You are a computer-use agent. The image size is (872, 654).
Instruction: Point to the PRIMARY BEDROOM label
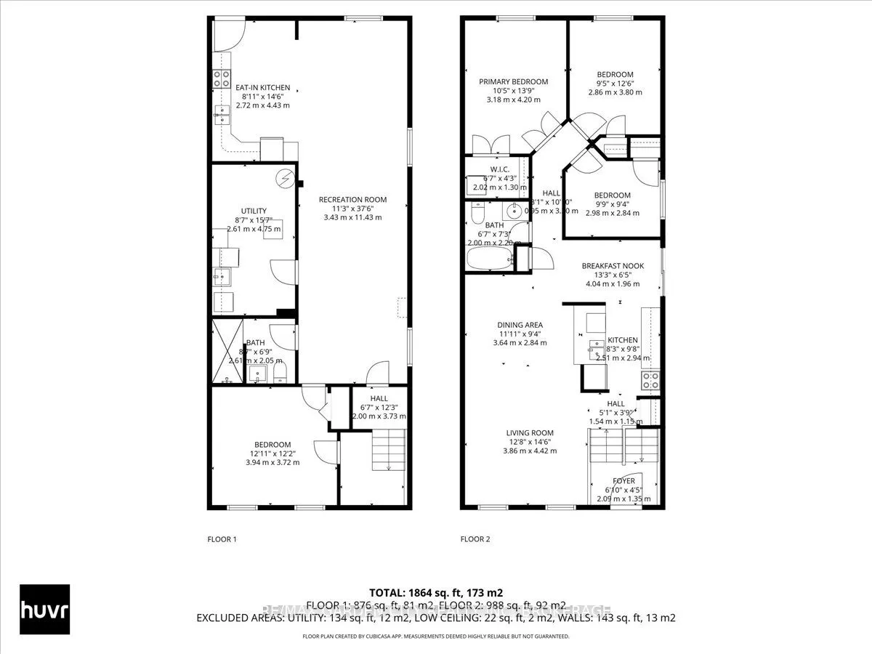pos(513,81)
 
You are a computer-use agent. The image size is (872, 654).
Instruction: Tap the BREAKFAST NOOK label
pos(613,266)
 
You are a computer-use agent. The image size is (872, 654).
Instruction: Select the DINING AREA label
pos(520,326)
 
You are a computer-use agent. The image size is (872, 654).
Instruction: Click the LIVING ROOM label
pos(530,433)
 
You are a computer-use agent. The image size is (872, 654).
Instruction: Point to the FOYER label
pos(623,481)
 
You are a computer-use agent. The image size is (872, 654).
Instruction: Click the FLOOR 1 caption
pos(222,539)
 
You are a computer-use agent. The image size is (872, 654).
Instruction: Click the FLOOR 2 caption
pos(475,539)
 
